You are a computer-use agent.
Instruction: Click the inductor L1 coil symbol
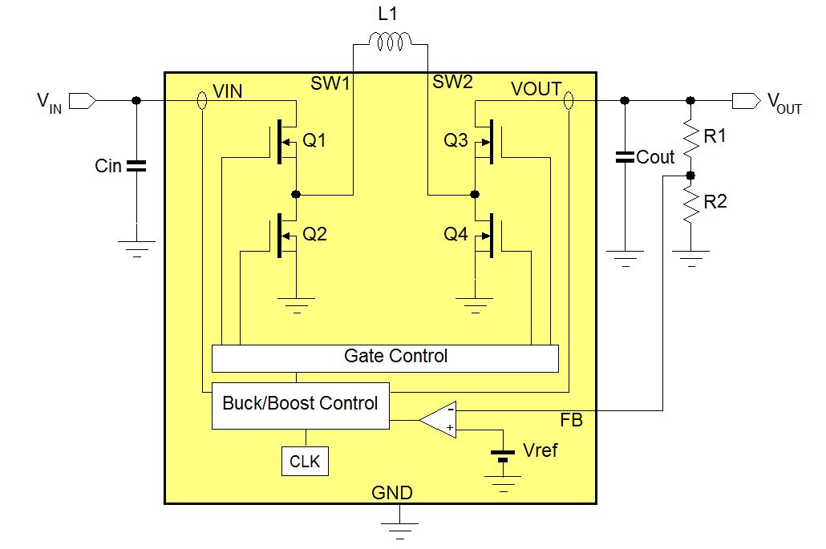click(x=390, y=40)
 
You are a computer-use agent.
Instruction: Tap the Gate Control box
click(x=385, y=357)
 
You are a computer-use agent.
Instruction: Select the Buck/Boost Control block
click(x=300, y=404)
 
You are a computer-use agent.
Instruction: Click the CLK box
click(x=306, y=462)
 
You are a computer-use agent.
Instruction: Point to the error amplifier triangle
click(x=439, y=418)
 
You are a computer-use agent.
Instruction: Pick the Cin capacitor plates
click(x=136, y=166)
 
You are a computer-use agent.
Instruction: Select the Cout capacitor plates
click(x=624, y=156)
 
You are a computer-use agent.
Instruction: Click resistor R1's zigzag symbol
click(x=689, y=137)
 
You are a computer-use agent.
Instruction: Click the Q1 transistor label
click(x=314, y=142)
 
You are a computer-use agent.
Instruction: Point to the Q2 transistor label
click(x=314, y=235)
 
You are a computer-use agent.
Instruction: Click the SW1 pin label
click(x=330, y=81)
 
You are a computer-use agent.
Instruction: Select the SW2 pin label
click(x=452, y=81)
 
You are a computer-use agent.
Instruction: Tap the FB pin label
click(x=571, y=420)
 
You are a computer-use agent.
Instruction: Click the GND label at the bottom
click(x=391, y=493)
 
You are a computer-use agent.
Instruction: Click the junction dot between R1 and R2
click(x=689, y=174)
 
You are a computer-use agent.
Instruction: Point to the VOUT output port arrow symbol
click(x=746, y=100)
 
